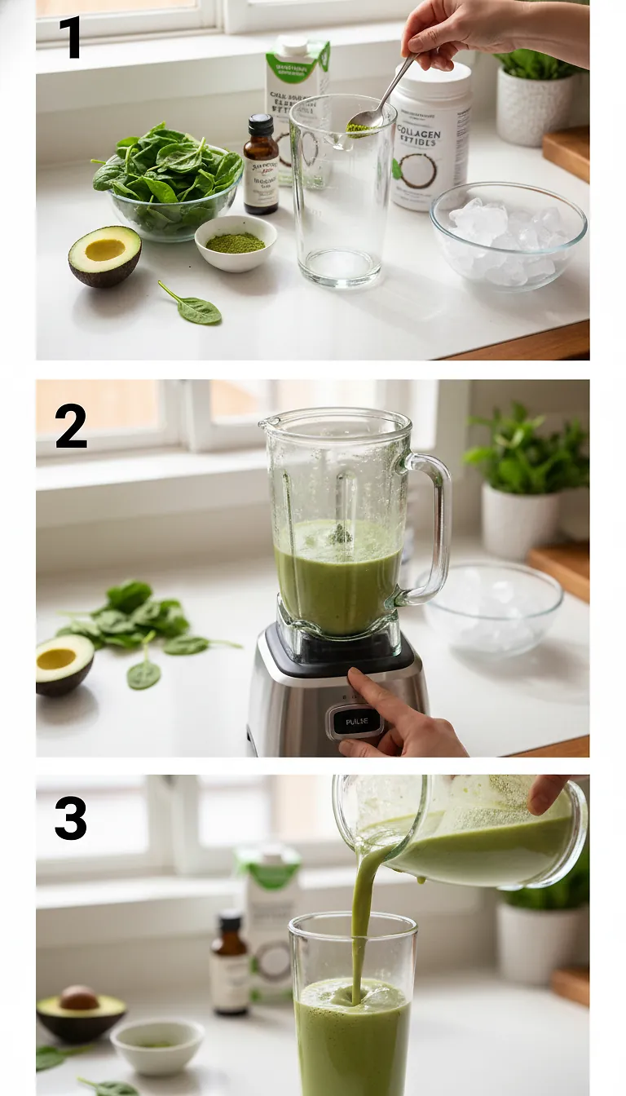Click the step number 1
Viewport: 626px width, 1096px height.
70,37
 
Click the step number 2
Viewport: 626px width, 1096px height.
71,426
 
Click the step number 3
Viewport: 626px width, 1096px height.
71,818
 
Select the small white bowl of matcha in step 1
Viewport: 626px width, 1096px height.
236,243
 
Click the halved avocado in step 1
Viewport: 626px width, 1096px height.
104,255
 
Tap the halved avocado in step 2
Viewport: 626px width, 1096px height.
64,663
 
